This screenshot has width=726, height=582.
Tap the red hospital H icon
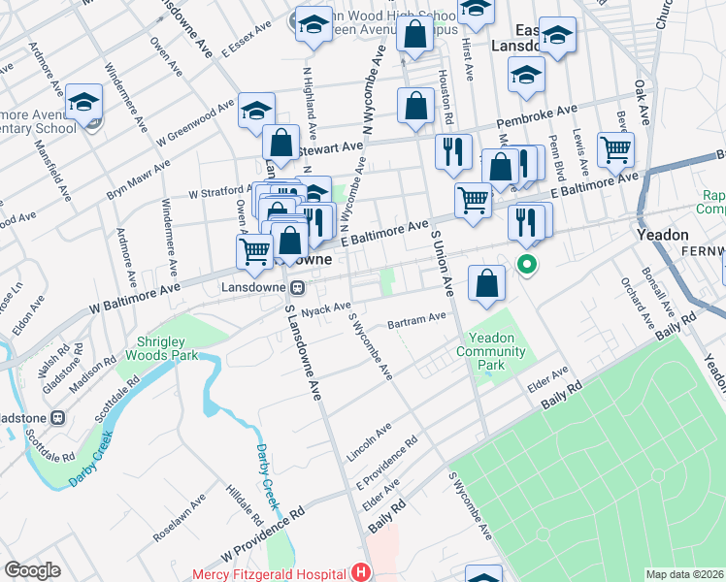point(361,573)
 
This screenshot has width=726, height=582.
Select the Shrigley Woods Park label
point(156,347)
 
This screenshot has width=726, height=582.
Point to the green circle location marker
point(527,263)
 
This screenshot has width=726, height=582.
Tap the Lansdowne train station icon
point(298,287)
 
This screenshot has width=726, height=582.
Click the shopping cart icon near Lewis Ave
point(615,150)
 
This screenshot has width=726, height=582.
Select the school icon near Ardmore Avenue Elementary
point(85,103)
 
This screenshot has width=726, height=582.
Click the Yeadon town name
point(662,235)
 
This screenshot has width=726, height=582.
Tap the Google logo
point(32,570)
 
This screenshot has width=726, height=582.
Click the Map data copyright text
point(684,574)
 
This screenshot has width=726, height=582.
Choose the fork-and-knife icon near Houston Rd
point(453,152)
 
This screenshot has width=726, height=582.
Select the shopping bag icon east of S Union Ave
point(487,283)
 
